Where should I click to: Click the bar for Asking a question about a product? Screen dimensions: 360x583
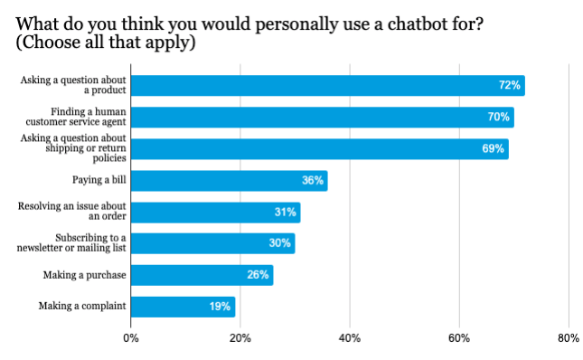tap(327, 86)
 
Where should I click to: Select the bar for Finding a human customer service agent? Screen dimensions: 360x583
tap(322, 118)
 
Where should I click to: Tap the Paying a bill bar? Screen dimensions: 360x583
tap(229, 180)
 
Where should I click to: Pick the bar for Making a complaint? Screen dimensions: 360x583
tap(183, 307)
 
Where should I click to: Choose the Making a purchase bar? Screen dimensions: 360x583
tap(202, 275)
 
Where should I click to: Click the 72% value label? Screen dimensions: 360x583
tap(509, 86)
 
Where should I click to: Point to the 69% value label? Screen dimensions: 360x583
tap(493, 149)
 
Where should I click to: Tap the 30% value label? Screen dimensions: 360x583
tap(279, 243)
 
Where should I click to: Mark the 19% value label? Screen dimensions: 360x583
tap(220, 307)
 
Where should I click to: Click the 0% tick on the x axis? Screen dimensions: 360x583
tap(131, 338)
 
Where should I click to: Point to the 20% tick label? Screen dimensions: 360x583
tap(240, 338)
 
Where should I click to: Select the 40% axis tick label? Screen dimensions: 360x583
tap(349, 338)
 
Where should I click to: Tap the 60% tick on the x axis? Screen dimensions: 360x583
tap(458, 338)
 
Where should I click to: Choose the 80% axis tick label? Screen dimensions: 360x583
tap(568, 338)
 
